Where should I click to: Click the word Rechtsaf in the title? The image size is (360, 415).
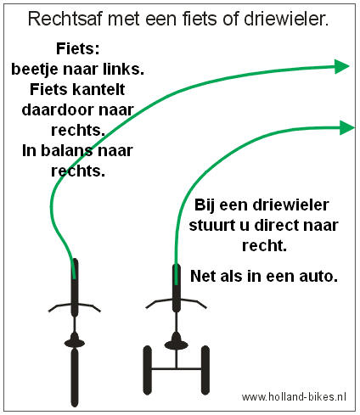pyautogui.click(x=65, y=19)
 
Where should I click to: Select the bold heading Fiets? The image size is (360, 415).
pyautogui.click(x=78, y=48)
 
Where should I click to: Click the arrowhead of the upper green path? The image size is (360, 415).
pyautogui.click(x=341, y=67)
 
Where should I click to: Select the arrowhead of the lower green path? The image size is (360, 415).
pyautogui.click(x=346, y=127)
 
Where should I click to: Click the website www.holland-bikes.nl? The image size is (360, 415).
pyautogui.click(x=294, y=396)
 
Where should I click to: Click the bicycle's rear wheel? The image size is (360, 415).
pyautogui.click(x=75, y=378)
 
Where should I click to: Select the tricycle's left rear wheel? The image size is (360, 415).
pyautogui.click(x=147, y=370)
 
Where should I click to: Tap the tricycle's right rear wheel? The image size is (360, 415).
pyautogui.click(x=205, y=370)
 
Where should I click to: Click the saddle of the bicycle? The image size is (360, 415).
pyautogui.click(x=75, y=341)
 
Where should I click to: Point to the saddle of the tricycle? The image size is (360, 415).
pyautogui.click(x=176, y=342)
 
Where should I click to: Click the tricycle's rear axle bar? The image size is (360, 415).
pyautogui.click(x=176, y=368)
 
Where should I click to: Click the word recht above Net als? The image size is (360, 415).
pyautogui.click(x=264, y=245)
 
